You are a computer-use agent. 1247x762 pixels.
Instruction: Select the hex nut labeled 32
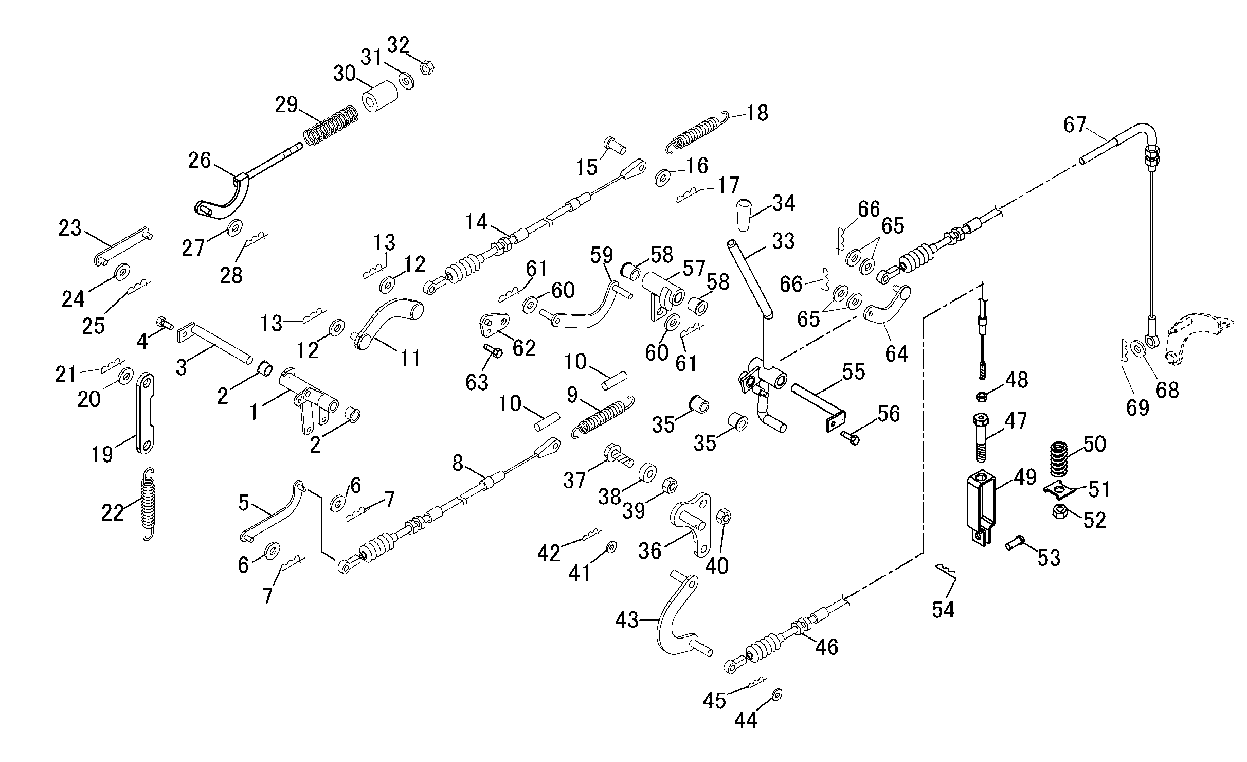click(426, 67)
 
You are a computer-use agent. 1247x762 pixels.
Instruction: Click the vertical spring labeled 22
click(148, 504)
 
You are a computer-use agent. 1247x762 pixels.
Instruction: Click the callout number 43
click(627, 620)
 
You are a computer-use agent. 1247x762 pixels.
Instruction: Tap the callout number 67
click(1075, 125)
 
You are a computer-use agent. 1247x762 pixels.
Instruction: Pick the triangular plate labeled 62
click(493, 325)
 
